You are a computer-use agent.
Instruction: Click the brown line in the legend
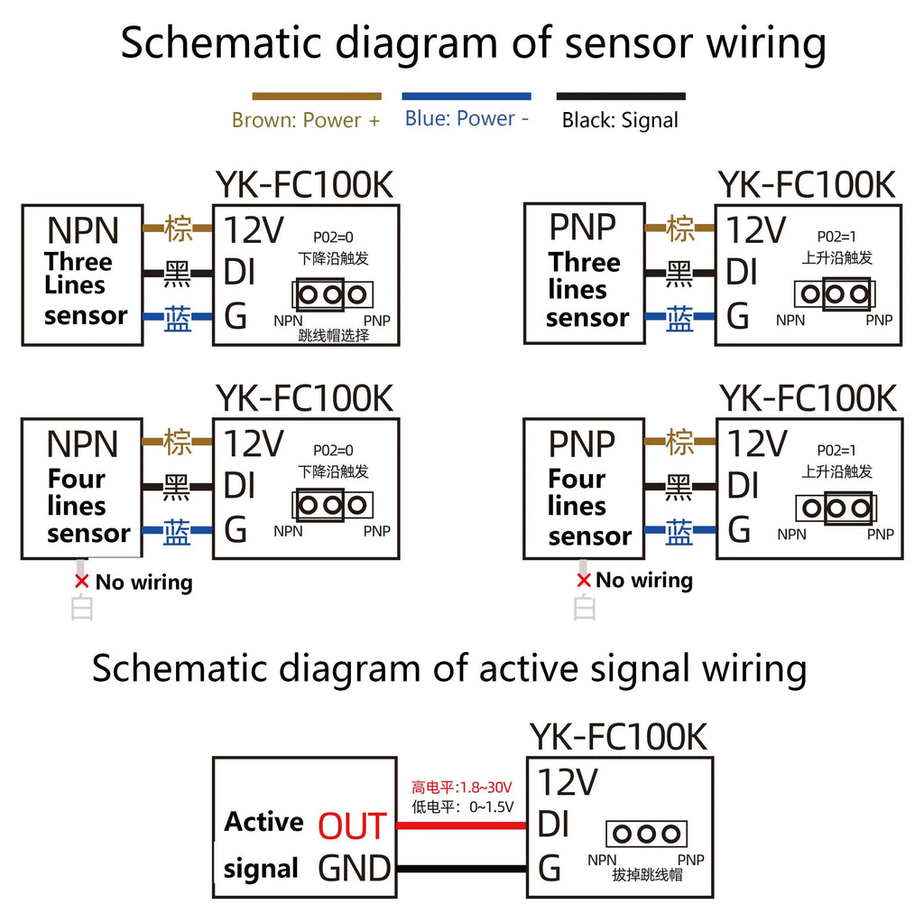[317, 96]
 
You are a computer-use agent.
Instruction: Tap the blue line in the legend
[467, 96]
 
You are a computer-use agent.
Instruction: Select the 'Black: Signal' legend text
[620, 120]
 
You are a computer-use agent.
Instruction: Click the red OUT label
[353, 825]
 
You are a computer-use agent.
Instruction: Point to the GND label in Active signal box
[354, 868]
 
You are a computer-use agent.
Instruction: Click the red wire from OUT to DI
[461, 825]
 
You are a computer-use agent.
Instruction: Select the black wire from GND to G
[461, 868]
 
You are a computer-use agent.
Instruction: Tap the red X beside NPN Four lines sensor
[82, 581]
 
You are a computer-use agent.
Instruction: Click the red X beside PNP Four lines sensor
[584, 581]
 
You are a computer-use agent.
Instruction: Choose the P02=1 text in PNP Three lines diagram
[836, 237]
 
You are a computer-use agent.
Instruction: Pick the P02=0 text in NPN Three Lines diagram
[333, 238]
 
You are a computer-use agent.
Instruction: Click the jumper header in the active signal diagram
[646, 834]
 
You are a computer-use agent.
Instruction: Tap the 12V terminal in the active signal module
[568, 782]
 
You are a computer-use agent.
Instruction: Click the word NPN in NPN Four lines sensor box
[82, 443]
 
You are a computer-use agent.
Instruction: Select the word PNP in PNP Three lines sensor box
[582, 227]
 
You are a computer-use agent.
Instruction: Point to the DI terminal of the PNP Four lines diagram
[744, 485]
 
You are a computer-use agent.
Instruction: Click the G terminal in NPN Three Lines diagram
[236, 316]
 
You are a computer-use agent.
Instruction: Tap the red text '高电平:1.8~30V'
[461, 788]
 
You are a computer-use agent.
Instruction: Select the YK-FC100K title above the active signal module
[618, 737]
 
